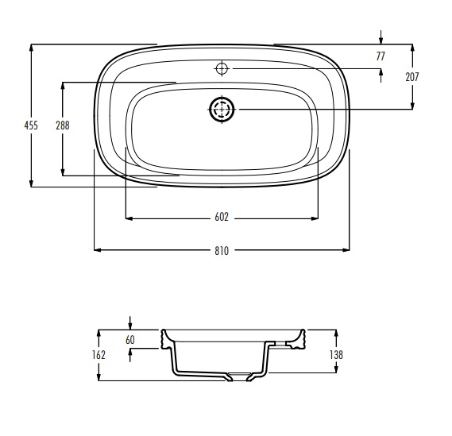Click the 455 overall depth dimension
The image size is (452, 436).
(x=31, y=125)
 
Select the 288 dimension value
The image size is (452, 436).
(x=63, y=125)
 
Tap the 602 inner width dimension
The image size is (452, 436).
(x=222, y=217)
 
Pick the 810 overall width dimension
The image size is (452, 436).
(x=222, y=251)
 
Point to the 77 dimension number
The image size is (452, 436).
(x=381, y=56)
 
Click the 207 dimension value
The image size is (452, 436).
(x=412, y=77)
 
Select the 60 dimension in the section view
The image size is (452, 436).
(x=130, y=340)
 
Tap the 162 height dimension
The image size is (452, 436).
(x=99, y=355)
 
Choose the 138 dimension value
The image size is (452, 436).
(x=336, y=355)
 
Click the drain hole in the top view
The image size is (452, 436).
(x=222, y=110)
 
